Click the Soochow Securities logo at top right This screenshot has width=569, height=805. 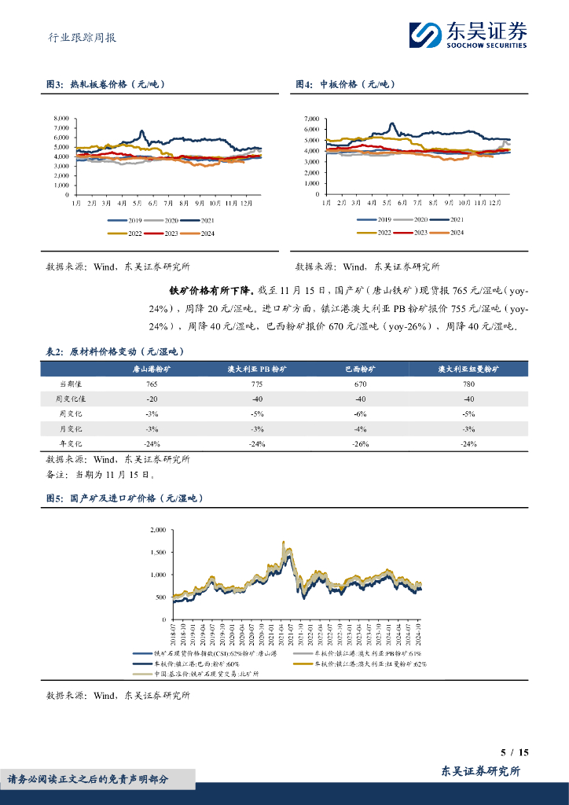pyautogui.click(x=467, y=35)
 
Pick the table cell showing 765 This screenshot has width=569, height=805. pyautogui.click(x=152, y=384)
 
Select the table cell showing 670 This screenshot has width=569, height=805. pyautogui.click(x=360, y=384)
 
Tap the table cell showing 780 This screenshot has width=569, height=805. pyautogui.click(x=468, y=384)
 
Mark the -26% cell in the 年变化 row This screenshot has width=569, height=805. pyautogui.click(x=360, y=444)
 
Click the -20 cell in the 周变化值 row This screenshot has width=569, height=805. pyautogui.click(x=152, y=399)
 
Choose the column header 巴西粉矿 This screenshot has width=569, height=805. pyautogui.click(x=360, y=368)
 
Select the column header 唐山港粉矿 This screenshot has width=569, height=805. pyautogui.click(x=152, y=368)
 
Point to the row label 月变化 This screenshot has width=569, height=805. pyautogui.click(x=71, y=429)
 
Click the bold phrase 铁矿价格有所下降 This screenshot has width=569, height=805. pyautogui.click(x=203, y=291)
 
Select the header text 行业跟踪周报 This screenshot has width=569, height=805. pyautogui.click(x=77, y=36)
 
